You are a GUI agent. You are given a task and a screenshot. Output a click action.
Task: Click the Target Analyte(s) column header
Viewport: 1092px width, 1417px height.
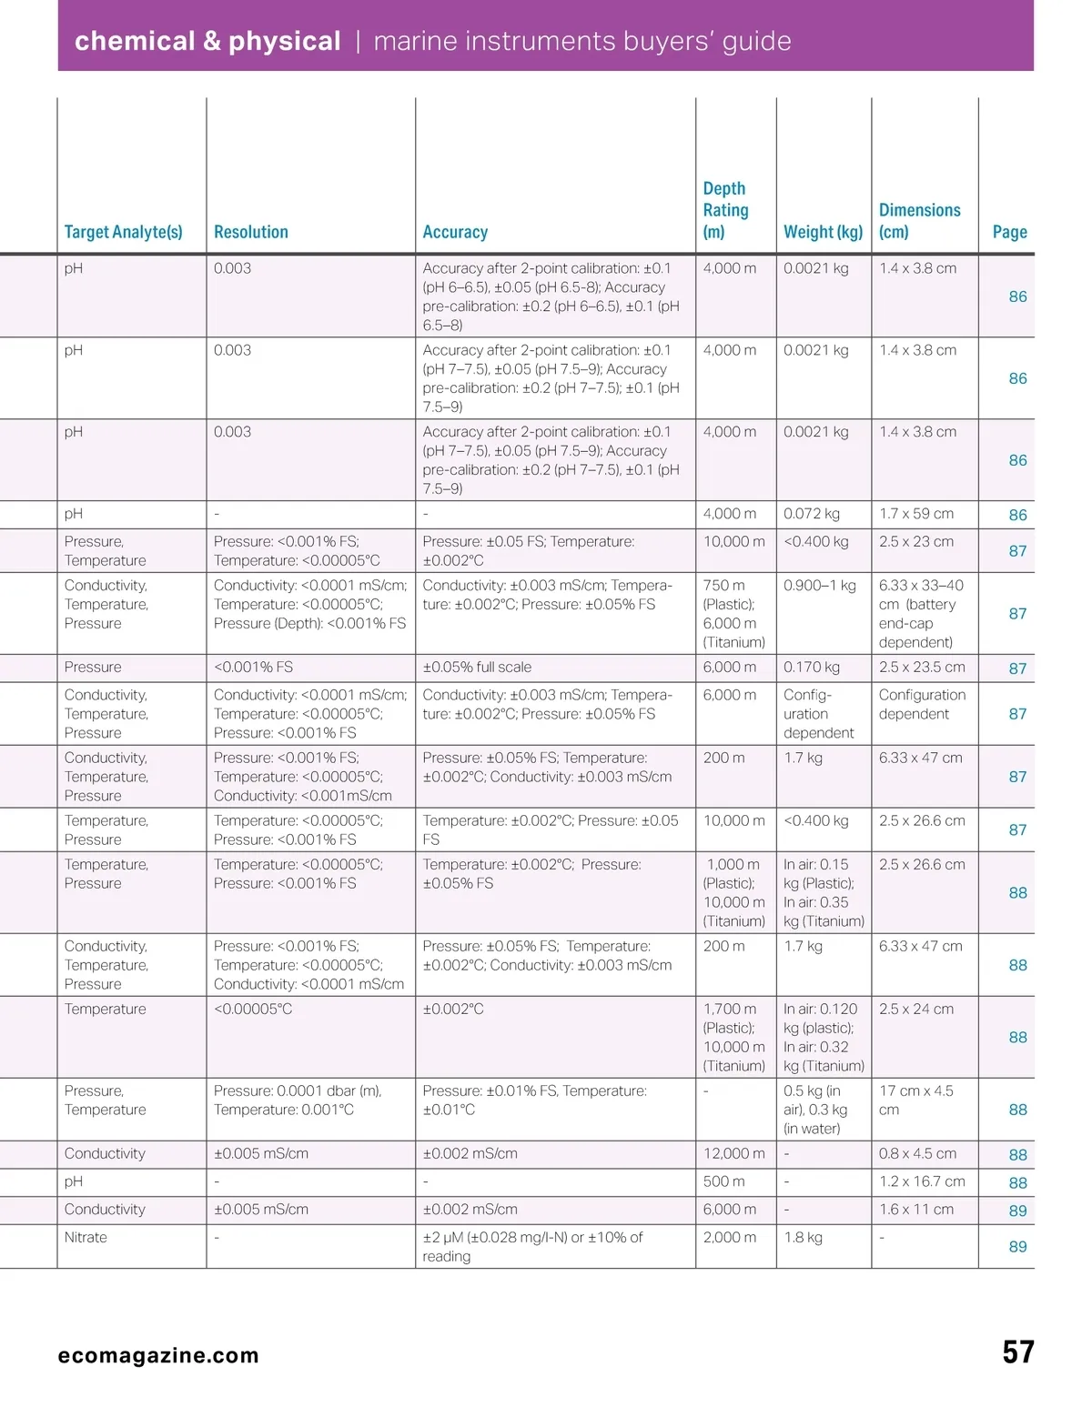pos(123,232)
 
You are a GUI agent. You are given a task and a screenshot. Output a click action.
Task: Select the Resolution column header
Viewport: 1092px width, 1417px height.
pos(250,232)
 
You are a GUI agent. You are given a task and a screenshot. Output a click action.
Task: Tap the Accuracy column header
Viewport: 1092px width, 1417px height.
pos(455,232)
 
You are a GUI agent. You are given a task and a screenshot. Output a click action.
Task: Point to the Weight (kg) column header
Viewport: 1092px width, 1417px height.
pos(823,232)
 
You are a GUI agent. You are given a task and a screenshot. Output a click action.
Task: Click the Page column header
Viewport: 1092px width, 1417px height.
pos(1009,232)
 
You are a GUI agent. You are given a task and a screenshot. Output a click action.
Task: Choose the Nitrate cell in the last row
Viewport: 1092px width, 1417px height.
pos(86,1237)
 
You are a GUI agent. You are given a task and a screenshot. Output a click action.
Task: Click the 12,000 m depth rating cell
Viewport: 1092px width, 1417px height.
pos(733,1153)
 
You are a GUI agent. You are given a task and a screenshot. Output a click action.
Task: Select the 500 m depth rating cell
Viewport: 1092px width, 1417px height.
pos(723,1181)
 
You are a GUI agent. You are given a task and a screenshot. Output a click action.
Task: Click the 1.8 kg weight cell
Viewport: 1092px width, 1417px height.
pos(803,1237)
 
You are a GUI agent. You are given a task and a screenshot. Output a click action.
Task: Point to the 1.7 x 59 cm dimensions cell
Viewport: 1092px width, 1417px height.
pos(916,514)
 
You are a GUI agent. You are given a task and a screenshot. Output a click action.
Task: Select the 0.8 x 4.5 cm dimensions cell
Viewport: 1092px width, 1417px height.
pos(917,1153)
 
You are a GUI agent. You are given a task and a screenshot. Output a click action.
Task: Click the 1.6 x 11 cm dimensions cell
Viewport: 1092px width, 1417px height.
pos(916,1210)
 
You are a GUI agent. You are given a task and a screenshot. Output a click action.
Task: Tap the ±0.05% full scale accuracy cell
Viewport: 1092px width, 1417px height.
pos(477,667)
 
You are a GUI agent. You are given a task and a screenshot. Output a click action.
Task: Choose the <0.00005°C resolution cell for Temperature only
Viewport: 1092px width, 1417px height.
pos(253,1009)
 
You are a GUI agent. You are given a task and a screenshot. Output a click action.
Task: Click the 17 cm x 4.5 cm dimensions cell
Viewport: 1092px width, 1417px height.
pos(916,1100)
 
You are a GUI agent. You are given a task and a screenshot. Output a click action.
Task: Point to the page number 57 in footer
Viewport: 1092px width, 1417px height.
pos(1017,1352)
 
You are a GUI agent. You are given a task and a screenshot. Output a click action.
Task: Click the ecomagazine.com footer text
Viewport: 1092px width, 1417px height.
pos(158,1355)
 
